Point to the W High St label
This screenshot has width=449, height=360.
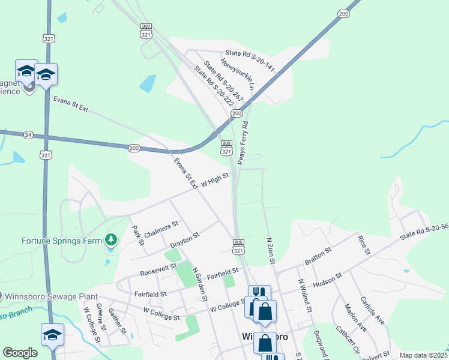[214, 179]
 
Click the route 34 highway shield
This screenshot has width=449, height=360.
[28, 135]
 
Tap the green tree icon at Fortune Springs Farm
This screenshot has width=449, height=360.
[110, 241]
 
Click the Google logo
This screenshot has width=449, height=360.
[20, 352]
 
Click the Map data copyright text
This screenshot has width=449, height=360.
[424, 355]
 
